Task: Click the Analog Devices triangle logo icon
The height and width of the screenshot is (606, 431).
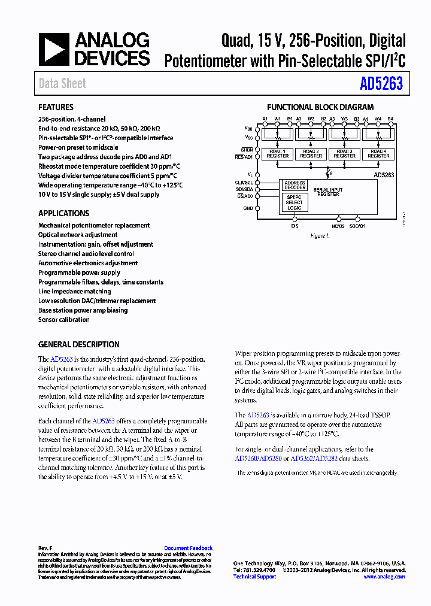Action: [x=54, y=49]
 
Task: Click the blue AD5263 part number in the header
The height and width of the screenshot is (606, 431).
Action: [x=381, y=84]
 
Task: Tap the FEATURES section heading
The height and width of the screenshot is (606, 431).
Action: [x=56, y=108]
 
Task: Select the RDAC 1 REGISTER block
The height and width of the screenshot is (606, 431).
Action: [x=278, y=154]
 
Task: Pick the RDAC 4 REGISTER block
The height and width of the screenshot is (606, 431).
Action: [x=378, y=154]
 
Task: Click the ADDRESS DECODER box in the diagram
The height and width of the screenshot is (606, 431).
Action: [x=295, y=185]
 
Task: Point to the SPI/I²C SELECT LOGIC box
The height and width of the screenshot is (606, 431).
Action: [x=294, y=202]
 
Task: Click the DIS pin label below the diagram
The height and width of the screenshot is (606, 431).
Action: [x=295, y=226]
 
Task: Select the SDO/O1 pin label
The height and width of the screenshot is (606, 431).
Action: [x=358, y=226]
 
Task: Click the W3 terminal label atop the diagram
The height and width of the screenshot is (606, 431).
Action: [x=344, y=119]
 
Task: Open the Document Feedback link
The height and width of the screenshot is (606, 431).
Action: [x=188, y=548]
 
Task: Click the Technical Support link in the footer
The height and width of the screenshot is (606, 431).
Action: [x=254, y=577]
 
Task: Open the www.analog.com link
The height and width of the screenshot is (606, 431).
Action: [x=384, y=577]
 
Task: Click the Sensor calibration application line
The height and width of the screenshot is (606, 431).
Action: [x=64, y=320]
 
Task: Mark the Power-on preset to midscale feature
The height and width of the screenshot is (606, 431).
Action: [x=78, y=147]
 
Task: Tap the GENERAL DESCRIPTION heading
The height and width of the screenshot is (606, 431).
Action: [x=79, y=345]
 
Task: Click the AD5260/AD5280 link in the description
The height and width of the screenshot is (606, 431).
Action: [x=259, y=459]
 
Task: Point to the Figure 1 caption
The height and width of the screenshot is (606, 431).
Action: [x=320, y=236]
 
